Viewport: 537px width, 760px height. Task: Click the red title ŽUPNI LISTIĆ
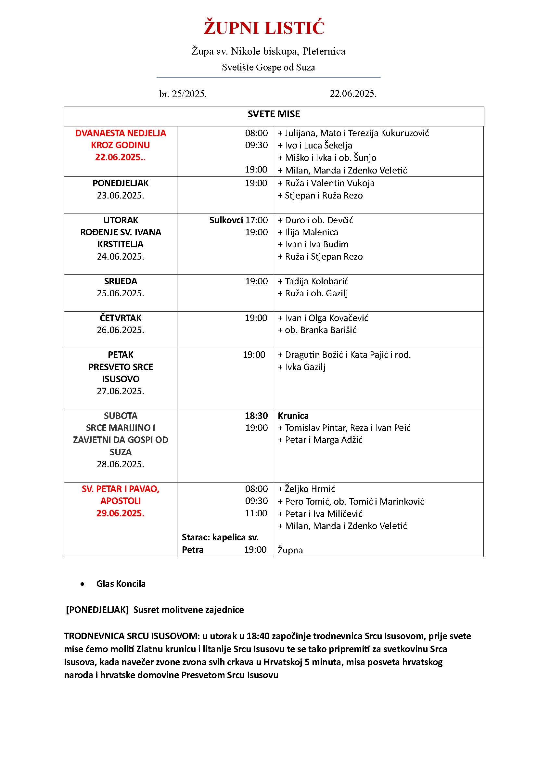pyautogui.click(x=264, y=28)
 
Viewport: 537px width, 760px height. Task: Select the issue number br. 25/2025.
pyautogui.click(x=183, y=94)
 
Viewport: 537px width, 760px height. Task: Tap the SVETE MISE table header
pyautogui.click(x=274, y=114)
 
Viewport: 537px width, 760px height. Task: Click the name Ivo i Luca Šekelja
pyautogui.click(x=318, y=145)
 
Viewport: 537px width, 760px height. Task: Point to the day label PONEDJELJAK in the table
pyautogui.click(x=121, y=183)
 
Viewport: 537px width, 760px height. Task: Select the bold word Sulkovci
pyautogui.click(x=226, y=220)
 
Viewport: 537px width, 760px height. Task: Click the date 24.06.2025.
pyautogui.click(x=121, y=257)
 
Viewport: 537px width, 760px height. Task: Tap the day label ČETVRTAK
pyautogui.click(x=121, y=318)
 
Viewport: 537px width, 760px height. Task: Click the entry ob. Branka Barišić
pyautogui.click(x=320, y=330)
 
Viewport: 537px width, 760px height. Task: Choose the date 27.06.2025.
pyautogui.click(x=121, y=391)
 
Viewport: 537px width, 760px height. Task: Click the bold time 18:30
pyautogui.click(x=256, y=416)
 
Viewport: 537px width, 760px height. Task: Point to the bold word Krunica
pyautogui.click(x=293, y=416)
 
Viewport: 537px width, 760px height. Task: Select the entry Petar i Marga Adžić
pyautogui.click(x=323, y=440)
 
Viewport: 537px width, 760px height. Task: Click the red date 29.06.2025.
pyautogui.click(x=121, y=513)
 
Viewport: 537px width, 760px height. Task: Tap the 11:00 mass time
pyautogui.click(x=256, y=513)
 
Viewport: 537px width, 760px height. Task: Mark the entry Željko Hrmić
pyautogui.click(x=310, y=489)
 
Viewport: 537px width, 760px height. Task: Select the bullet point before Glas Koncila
pyautogui.click(x=83, y=584)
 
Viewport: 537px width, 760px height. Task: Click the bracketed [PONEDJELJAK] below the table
pyautogui.click(x=97, y=610)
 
